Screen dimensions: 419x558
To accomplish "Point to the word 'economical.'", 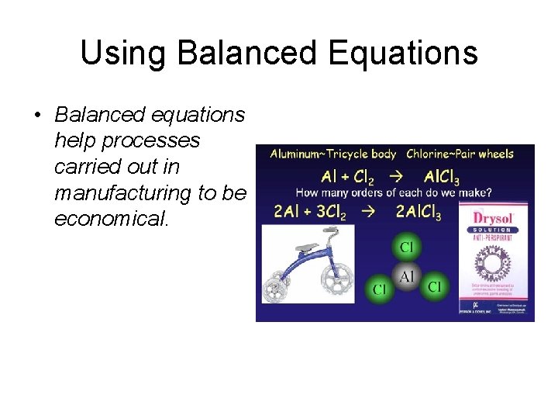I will pyautogui.click(x=111, y=218).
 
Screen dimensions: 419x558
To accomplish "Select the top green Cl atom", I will pyautogui.click(x=406, y=248).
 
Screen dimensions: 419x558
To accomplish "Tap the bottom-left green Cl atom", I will pyautogui.click(x=380, y=289).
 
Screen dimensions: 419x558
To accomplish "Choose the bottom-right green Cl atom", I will pyautogui.click(x=434, y=287).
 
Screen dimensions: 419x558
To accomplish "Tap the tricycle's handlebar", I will pyautogui.click(x=331, y=230).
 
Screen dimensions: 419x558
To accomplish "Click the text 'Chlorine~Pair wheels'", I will pyautogui.click(x=460, y=154).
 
